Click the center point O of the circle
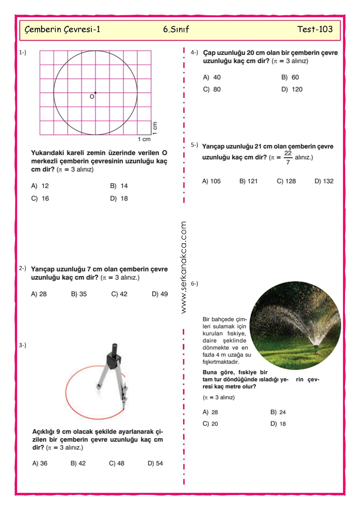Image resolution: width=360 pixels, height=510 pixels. pos(95,93)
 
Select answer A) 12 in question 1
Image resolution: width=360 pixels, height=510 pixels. pos(40,186)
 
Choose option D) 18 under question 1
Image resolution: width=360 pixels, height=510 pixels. pos(119,199)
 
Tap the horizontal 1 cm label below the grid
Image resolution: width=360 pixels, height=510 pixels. pos(144,139)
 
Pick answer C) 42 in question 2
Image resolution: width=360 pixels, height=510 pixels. pos(119,294)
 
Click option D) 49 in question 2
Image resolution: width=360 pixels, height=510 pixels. pos(160,294)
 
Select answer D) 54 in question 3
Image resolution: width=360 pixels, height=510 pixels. pos(155,463)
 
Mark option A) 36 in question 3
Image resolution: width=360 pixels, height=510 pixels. pos(40,463)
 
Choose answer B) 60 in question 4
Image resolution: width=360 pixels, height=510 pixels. pos(290,77)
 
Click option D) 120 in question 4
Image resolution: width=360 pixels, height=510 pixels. pos(292,89)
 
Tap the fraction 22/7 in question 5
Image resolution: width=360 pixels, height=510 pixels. pos(288,157)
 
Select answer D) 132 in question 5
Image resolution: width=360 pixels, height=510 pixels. pos(324,181)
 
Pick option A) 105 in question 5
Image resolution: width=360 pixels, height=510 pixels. pos(211,181)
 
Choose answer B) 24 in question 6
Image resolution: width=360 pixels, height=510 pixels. pos(278,412)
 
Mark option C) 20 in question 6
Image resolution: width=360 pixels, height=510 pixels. pos(210,424)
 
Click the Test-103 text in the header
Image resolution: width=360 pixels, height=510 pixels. pos(315,29)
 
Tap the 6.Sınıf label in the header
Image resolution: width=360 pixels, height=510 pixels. pos(176,29)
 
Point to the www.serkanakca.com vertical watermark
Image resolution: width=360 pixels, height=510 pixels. pos(184,267)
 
